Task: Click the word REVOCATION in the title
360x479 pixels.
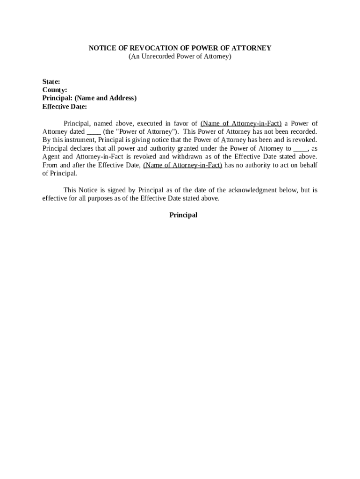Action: point(139,48)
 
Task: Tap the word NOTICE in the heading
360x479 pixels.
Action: point(101,48)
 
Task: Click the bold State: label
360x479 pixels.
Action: point(51,81)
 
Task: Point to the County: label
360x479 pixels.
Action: point(55,90)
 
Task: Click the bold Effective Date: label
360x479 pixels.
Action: point(65,107)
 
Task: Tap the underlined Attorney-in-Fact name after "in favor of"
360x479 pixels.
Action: point(241,123)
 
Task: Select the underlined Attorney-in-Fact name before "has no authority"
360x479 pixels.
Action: point(183,166)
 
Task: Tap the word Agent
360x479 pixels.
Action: point(51,157)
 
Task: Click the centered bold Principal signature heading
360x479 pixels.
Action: point(183,215)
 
